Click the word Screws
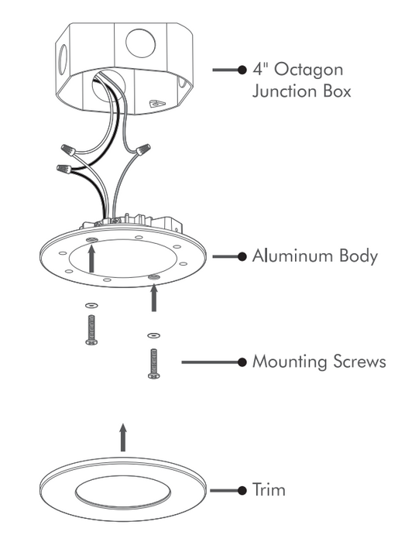(359, 362)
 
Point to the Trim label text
(269, 489)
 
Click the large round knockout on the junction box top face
(140, 43)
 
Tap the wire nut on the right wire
(144, 149)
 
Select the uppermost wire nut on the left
(69, 150)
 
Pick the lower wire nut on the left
(64, 170)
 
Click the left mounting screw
(91, 329)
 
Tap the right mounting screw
(153, 364)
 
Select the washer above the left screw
(91, 306)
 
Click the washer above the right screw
(153, 335)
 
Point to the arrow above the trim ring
(123, 437)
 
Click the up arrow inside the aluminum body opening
(91, 259)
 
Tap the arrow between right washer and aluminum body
(154, 297)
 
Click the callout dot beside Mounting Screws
(242, 362)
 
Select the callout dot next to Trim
(242, 490)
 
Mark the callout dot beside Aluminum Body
(242, 256)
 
